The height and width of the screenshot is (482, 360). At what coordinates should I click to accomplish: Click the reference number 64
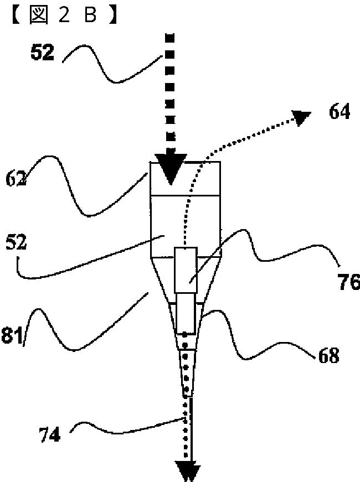tap(339, 112)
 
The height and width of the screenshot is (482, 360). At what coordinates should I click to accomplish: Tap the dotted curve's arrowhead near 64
tap(302, 118)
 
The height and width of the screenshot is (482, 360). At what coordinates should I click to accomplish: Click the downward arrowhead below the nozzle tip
tap(187, 472)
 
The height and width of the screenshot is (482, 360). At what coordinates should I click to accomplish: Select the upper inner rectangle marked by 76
tap(185, 269)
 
